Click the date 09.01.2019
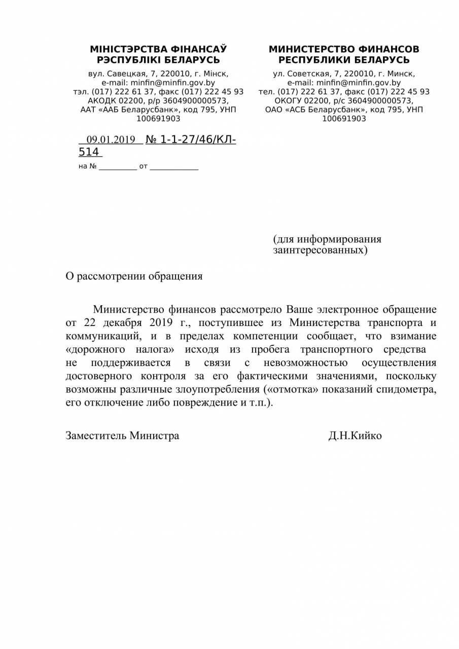tap(111, 139)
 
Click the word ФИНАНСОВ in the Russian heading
tap(389, 49)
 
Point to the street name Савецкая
tap(128, 74)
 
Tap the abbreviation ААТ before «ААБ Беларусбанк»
tap(89, 110)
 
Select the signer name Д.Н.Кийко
tap(355, 436)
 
